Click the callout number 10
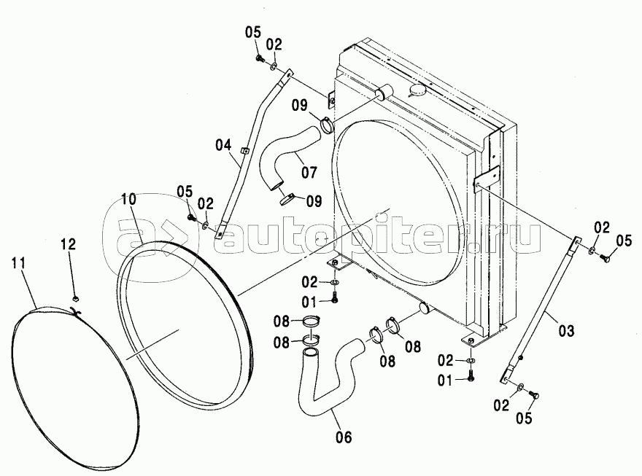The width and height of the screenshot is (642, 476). (130, 200)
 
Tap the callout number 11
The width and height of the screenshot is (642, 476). (18, 262)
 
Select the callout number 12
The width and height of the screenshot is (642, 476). (69, 244)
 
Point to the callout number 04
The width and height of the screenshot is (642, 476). (223, 145)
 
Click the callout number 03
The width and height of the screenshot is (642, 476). (566, 330)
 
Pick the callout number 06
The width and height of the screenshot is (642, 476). (344, 437)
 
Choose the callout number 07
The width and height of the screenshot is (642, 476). (309, 172)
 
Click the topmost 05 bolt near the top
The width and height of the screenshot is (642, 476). (258, 59)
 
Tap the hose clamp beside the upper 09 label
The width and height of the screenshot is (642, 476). (327, 125)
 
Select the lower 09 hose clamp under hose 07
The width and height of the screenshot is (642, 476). (289, 199)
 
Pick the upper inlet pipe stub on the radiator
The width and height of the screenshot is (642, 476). (383, 93)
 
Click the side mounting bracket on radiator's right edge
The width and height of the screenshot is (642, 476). (486, 177)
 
